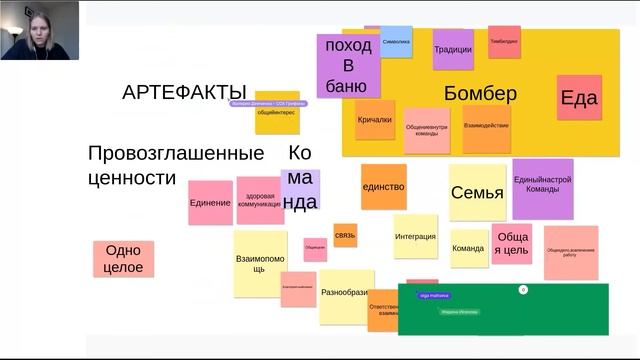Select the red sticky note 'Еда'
[x=579, y=97]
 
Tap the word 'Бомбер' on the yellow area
[x=480, y=94]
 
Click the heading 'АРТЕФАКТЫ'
[x=184, y=93]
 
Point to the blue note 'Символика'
[x=396, y=42]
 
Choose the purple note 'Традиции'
[x=453, y=49]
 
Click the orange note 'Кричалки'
[x=375, y=120]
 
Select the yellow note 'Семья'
[x=477, y=193]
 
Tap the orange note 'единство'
[x=383, y=187]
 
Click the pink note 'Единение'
[x=210, y=203]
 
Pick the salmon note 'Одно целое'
[x=124, y=259]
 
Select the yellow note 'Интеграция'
[x=415, y=237]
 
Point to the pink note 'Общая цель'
[x=512, y=243]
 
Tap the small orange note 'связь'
[x=345, y=236]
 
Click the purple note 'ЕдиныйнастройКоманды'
[x=542, y=187]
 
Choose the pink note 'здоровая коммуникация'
[x=260, y=200]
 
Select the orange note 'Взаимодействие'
[x=487, y=126]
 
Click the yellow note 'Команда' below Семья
[x=468, y=248]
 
